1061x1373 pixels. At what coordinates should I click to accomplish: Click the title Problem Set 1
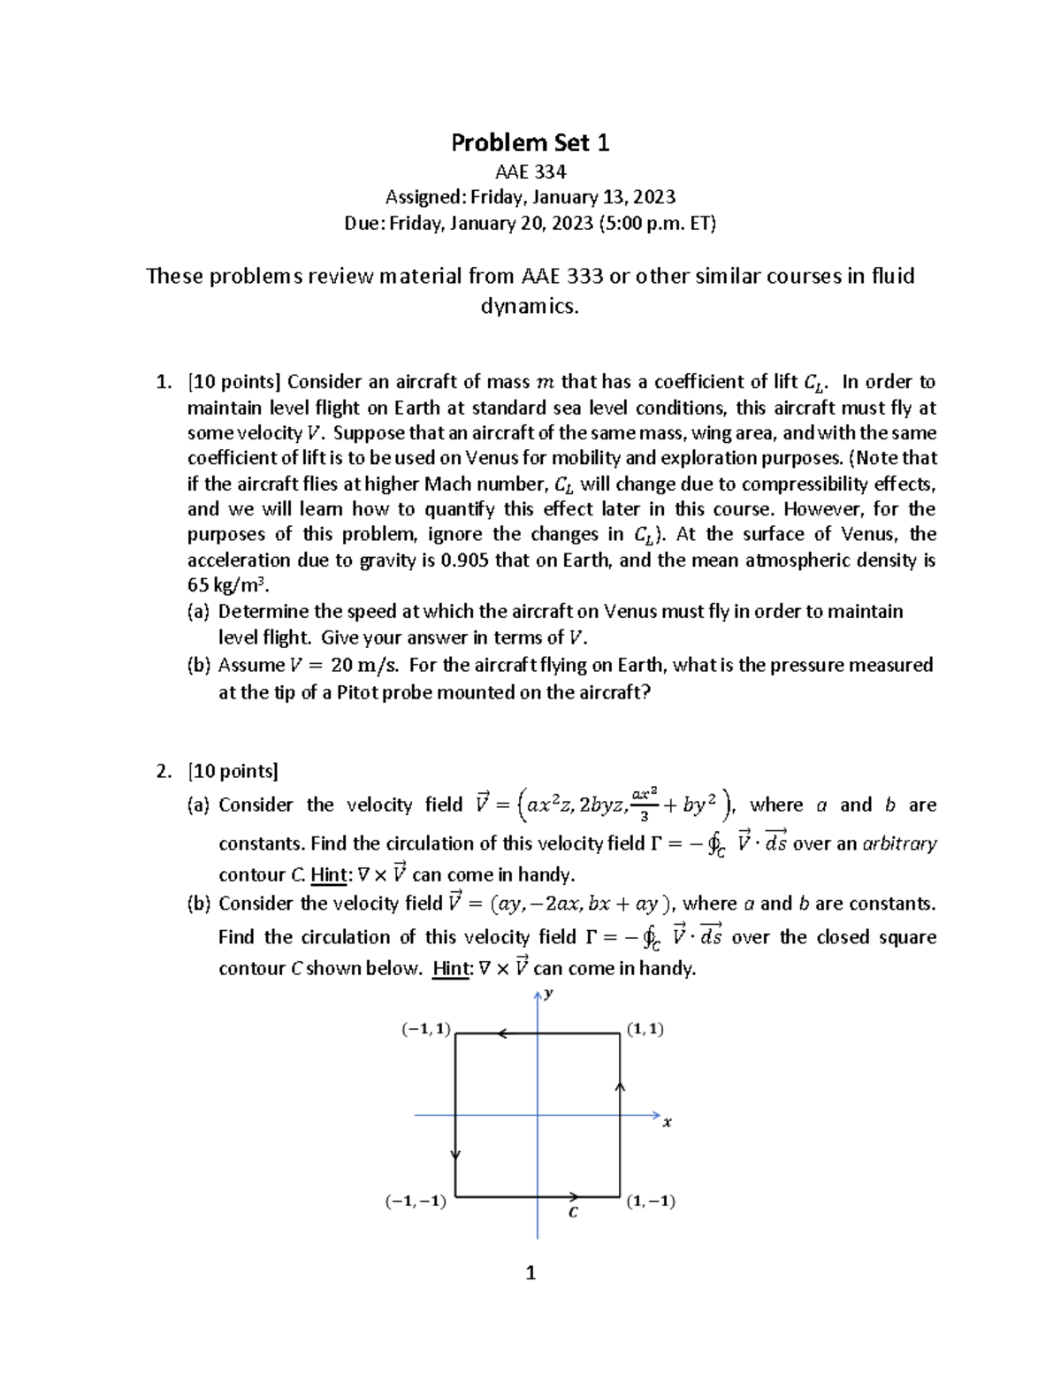[x=530, y=142]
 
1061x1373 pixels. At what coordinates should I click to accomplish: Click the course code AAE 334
[x=530, y=172]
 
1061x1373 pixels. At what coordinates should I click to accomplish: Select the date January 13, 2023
[x=611, y=197]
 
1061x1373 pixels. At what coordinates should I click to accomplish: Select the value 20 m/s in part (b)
[x=364, y=665]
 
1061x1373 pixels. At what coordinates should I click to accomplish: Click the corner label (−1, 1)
[x=426, y=1029]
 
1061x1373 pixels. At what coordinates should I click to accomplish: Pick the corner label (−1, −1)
[x=416, y=1201]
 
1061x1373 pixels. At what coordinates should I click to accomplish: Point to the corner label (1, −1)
[x=651, y=1201]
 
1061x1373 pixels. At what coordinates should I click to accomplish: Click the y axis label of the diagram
[x=549, y=994]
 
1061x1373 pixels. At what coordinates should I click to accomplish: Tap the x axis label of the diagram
[x=668, y=1123]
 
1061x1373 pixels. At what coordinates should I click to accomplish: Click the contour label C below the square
[x=573, y=1213]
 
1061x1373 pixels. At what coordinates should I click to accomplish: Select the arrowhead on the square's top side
[x=501, y=1033]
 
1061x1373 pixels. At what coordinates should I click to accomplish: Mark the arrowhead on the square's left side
[x=455, y=1154]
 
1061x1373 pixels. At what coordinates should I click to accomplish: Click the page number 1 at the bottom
[x=530, y=1273]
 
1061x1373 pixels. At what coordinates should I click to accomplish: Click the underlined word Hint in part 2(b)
[x=451, y=969]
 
